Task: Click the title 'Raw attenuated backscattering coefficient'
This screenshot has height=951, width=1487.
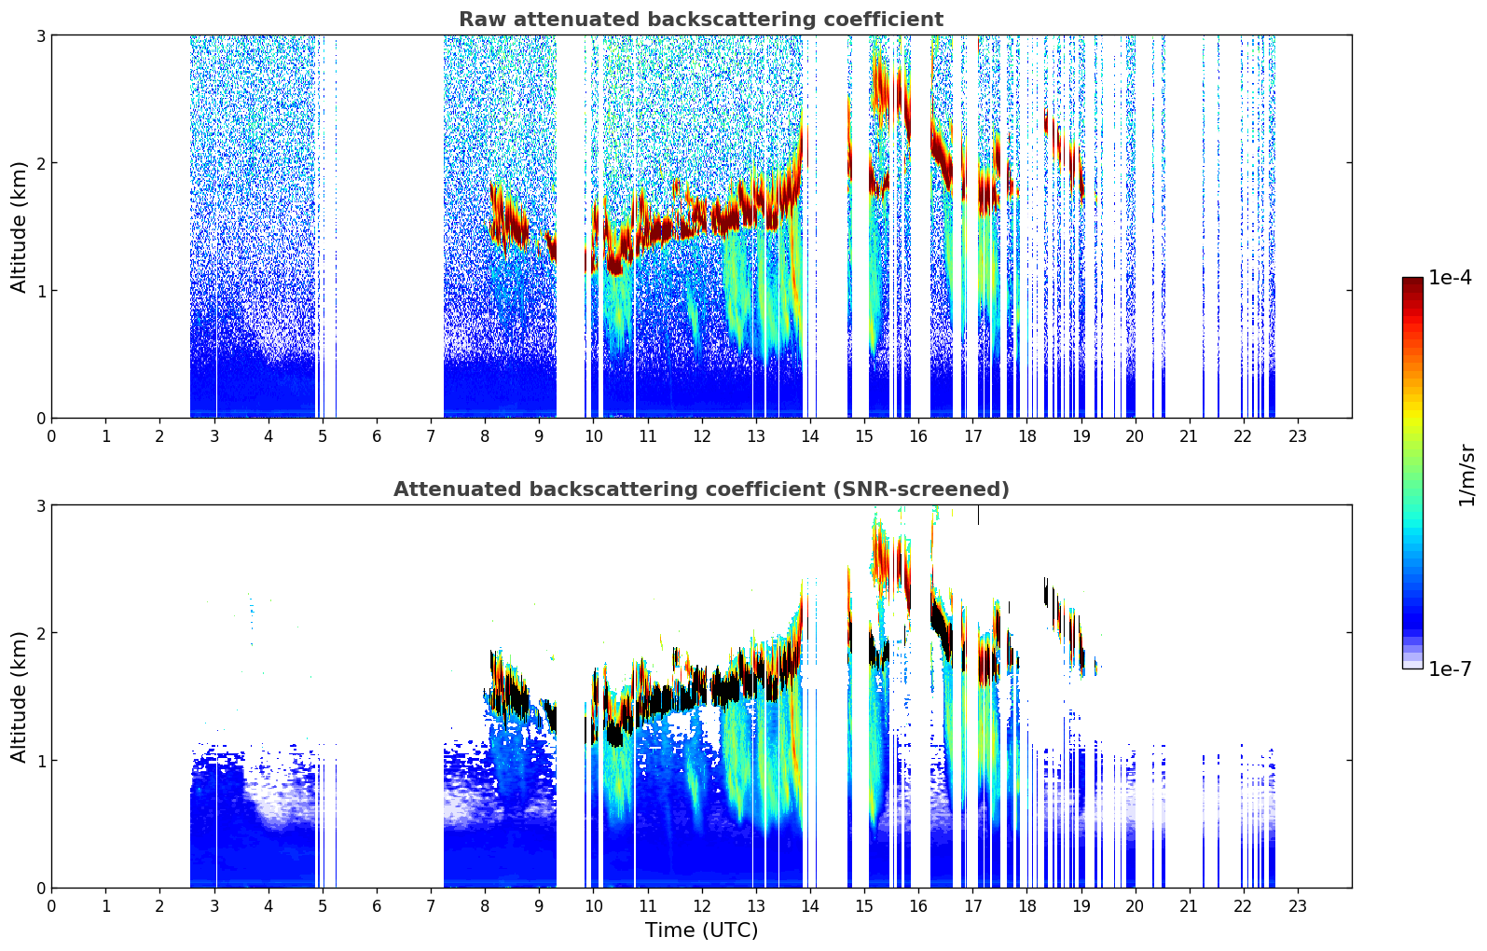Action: tap(700, 20)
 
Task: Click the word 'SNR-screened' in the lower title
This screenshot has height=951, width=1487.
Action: tap(933, 489)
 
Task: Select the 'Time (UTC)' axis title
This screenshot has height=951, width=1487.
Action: tap(701, 930)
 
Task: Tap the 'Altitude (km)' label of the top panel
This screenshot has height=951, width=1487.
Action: tap(19, 227)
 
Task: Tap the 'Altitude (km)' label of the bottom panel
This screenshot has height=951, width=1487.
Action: tap(19, 696)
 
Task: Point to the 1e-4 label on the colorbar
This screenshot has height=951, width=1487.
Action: tap(1450, 278)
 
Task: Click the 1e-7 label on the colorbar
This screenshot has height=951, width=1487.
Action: tap(1450, 668)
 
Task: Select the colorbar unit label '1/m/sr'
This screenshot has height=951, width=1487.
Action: tap(1466, 475)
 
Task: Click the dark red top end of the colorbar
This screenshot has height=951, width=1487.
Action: tap(1411, 283)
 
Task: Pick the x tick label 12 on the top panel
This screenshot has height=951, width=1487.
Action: tap(701, 436)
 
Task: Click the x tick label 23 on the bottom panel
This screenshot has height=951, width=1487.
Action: tap(1297, 906)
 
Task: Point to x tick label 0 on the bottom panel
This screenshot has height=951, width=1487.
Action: tap(51, 906)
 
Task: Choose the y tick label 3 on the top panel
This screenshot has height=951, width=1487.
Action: tap(40, 35)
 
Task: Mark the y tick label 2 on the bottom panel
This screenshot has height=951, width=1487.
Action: tap(40, 633)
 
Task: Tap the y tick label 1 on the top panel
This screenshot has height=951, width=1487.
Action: tap(40, 291)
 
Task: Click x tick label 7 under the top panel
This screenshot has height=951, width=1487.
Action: tap(431, 436)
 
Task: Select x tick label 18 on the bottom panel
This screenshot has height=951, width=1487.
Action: tap(1026, 906)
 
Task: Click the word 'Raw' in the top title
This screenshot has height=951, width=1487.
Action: tap(478, 20)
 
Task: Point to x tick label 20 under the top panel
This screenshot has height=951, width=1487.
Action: tap(1135, 436)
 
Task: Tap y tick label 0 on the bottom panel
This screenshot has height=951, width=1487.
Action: tap(40, 889)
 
